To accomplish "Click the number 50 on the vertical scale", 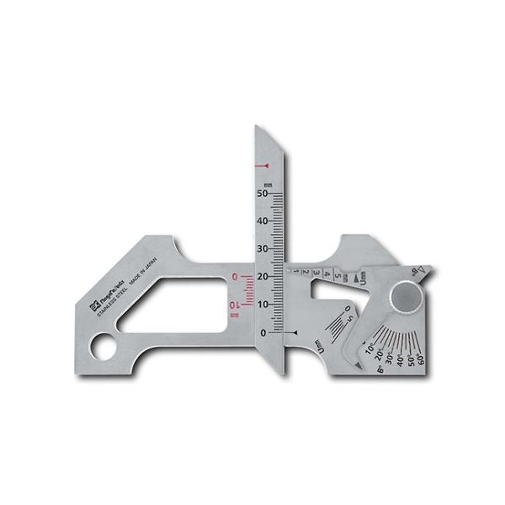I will (264, 194).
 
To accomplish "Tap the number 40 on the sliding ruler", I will (264, 221).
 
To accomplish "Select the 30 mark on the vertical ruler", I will (264, 249).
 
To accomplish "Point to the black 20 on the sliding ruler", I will (264, 277).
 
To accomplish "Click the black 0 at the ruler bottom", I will (266, 333).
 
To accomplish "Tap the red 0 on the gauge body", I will (235, 276).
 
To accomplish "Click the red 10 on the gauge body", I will (235, 304).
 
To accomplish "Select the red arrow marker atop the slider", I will (268, 163).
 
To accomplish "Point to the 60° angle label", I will (421, 359).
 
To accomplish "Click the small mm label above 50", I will (268, 183).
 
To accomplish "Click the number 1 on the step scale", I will (295, 271).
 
